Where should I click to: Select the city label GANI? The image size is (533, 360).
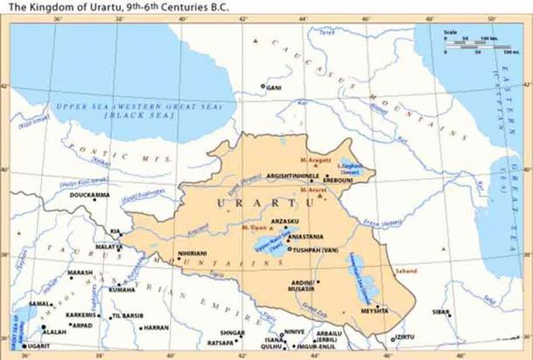(x=274, y=87)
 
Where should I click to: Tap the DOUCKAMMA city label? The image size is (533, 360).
(x=87, y=195)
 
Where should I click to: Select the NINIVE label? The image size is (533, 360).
(x=294, y=331)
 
